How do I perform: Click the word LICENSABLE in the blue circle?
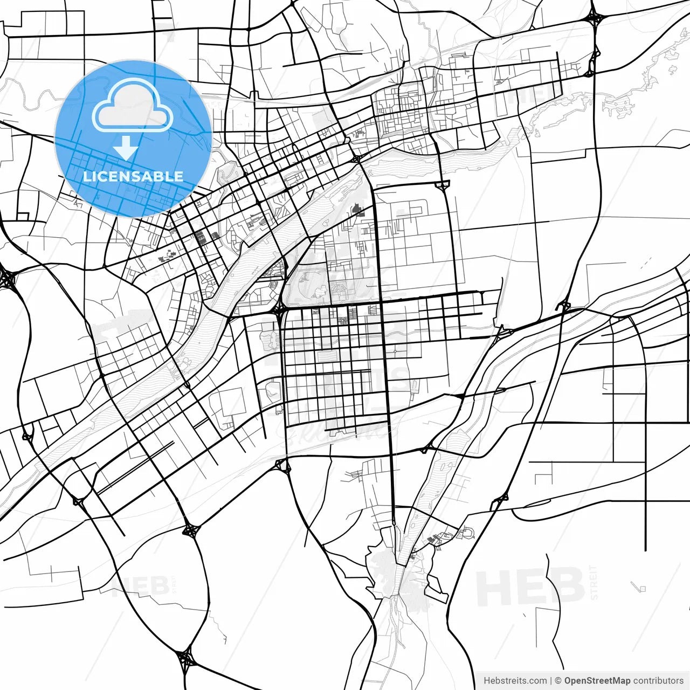point(133,176)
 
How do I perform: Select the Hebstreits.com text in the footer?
point(515,681)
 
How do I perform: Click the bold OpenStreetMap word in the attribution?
point(597,681)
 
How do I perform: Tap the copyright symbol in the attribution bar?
point(558,681)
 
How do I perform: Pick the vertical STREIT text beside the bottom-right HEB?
point(595,583)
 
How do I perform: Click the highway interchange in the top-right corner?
point(595,19)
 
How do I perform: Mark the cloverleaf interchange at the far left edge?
point(8,279)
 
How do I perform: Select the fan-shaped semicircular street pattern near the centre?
point(341,292)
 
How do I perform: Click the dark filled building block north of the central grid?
point(358,209)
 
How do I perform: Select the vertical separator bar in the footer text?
point(551,681)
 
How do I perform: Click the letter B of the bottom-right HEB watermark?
point(565,586)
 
